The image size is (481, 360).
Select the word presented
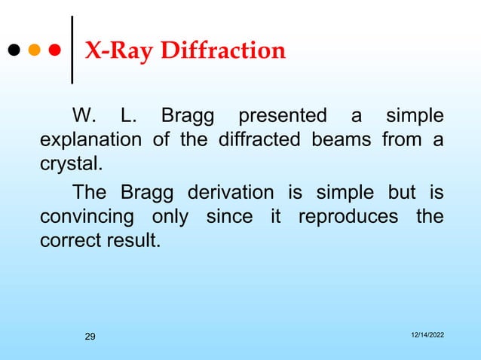pos(282,117)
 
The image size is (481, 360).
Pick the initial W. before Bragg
pos(82,117)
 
